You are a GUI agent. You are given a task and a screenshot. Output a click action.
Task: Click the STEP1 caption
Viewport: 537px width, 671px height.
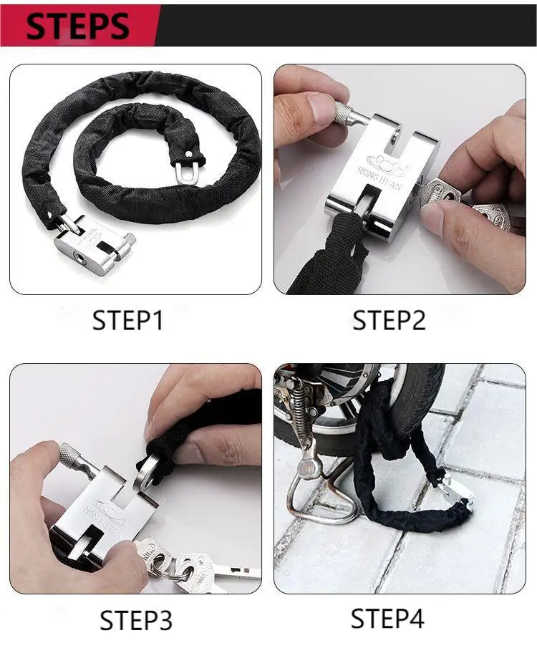pyautogui.click(x=128, y=320)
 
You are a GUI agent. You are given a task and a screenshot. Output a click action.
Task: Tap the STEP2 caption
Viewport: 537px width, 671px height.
pyautogui.click(x=389, y=320)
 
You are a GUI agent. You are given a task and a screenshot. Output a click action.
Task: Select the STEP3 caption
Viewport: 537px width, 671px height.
pyautogui.click(x=136, y=620)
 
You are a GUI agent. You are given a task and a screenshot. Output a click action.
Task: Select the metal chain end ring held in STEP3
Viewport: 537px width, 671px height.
pyautogui.click(x=148, y=466)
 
